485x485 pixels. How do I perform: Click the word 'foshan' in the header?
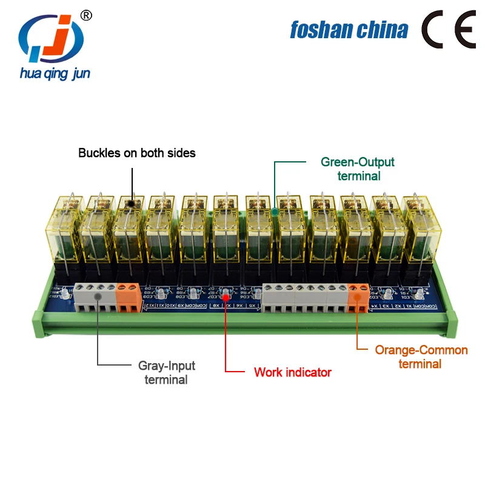[x=319, y=29]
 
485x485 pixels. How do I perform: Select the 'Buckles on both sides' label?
[x=137, y=153]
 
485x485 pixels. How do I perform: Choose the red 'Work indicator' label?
[x=293, y=372]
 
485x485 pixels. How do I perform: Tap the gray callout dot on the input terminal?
[x=98, y=296]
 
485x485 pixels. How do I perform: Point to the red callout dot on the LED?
[x=226, y=296]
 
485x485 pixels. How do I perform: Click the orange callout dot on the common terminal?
[x=357, y=296]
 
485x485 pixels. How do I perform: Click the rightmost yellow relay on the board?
[x=418, y=230]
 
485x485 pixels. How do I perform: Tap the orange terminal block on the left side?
[x=128, y=296]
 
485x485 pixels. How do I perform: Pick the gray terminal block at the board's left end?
[x=94, y=296]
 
